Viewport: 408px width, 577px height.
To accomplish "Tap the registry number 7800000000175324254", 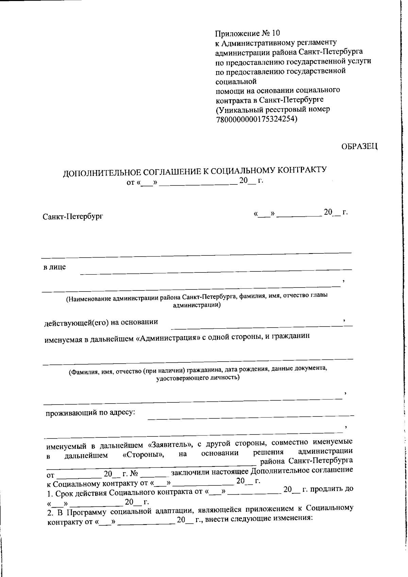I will click(256, 119).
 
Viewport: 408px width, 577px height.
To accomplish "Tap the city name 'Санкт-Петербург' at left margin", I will click(72, 216).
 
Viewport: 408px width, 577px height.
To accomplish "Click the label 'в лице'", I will click(54, 267).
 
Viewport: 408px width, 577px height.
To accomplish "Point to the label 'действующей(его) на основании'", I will click(101, 322).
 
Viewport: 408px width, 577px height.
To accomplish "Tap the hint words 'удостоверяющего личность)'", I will click(198, 378).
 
